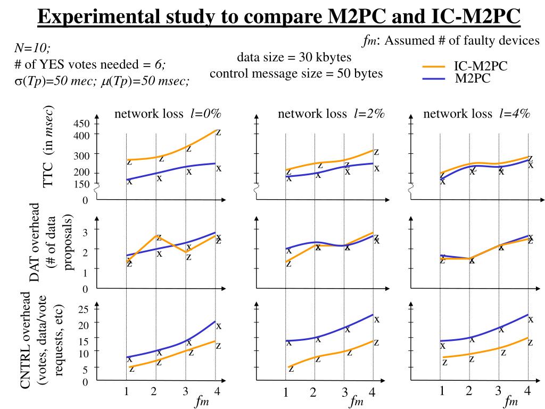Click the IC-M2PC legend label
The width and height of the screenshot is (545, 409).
(480, 66)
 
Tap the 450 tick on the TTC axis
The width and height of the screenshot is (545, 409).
(82, 124)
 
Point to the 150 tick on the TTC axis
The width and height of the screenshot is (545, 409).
(82, 184)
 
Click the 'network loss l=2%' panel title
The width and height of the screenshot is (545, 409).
(331, 113)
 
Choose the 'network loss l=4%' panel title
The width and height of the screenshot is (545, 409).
(476, 113)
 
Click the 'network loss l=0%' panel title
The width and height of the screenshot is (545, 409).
(167, 113)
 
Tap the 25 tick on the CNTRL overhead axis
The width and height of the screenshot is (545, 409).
(84, 310)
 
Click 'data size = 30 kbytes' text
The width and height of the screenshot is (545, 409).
(294, 58)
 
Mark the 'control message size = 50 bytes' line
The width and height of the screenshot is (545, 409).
(296, 73)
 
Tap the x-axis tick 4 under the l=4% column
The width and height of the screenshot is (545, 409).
(527, 391)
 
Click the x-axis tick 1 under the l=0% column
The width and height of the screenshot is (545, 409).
(127, 392)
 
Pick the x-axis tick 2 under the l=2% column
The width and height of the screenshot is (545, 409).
(313, 393)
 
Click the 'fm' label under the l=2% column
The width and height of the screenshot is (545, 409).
(356, 402)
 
